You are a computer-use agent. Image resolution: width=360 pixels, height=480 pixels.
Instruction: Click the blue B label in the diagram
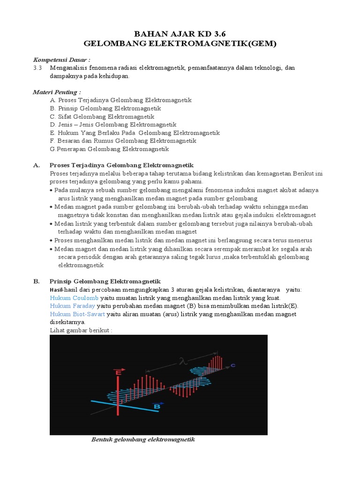pos(157,407)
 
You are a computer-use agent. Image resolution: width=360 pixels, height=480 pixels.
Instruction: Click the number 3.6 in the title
pos(214,34)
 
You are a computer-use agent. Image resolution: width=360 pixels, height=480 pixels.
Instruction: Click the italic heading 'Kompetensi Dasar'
pos(61,60)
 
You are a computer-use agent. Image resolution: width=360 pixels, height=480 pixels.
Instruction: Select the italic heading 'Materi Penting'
pos(57,92)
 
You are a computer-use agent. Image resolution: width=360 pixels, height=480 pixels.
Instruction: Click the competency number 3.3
pos(38,68)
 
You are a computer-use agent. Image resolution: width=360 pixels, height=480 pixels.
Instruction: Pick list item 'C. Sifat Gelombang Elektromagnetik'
pos(102,116)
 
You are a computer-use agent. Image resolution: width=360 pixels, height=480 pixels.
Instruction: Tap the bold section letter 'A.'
pos(36,165)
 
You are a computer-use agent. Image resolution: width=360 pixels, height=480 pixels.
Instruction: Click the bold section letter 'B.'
pos(36,281)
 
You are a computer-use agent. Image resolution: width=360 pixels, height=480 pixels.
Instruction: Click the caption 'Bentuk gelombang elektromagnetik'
pos(142,440)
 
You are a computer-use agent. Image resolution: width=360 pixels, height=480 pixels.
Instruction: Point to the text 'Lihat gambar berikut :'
pos(81,330)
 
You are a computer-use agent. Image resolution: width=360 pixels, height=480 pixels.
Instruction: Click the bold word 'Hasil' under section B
pos(56,290)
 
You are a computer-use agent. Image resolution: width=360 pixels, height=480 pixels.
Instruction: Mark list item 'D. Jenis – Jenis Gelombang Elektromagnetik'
pos(113,125)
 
